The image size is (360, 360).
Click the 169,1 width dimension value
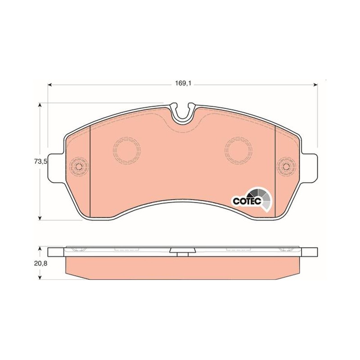(x=183, y=83)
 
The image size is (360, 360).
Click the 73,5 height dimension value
(x=40, y=162)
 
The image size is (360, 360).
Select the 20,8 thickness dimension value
(x=40, y=264)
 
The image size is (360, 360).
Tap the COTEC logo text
(x=247, y=201)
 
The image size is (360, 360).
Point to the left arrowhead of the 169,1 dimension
(x=49, y=85)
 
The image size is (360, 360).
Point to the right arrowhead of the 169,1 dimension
(x=316, y=85)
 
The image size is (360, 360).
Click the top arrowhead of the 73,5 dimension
(x=40, y=105)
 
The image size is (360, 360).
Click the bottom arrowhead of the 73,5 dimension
(x=40, y=218)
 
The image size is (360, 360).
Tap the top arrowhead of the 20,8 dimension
(x=40, y=249)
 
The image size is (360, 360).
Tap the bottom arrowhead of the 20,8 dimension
(x=40, y=278)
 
